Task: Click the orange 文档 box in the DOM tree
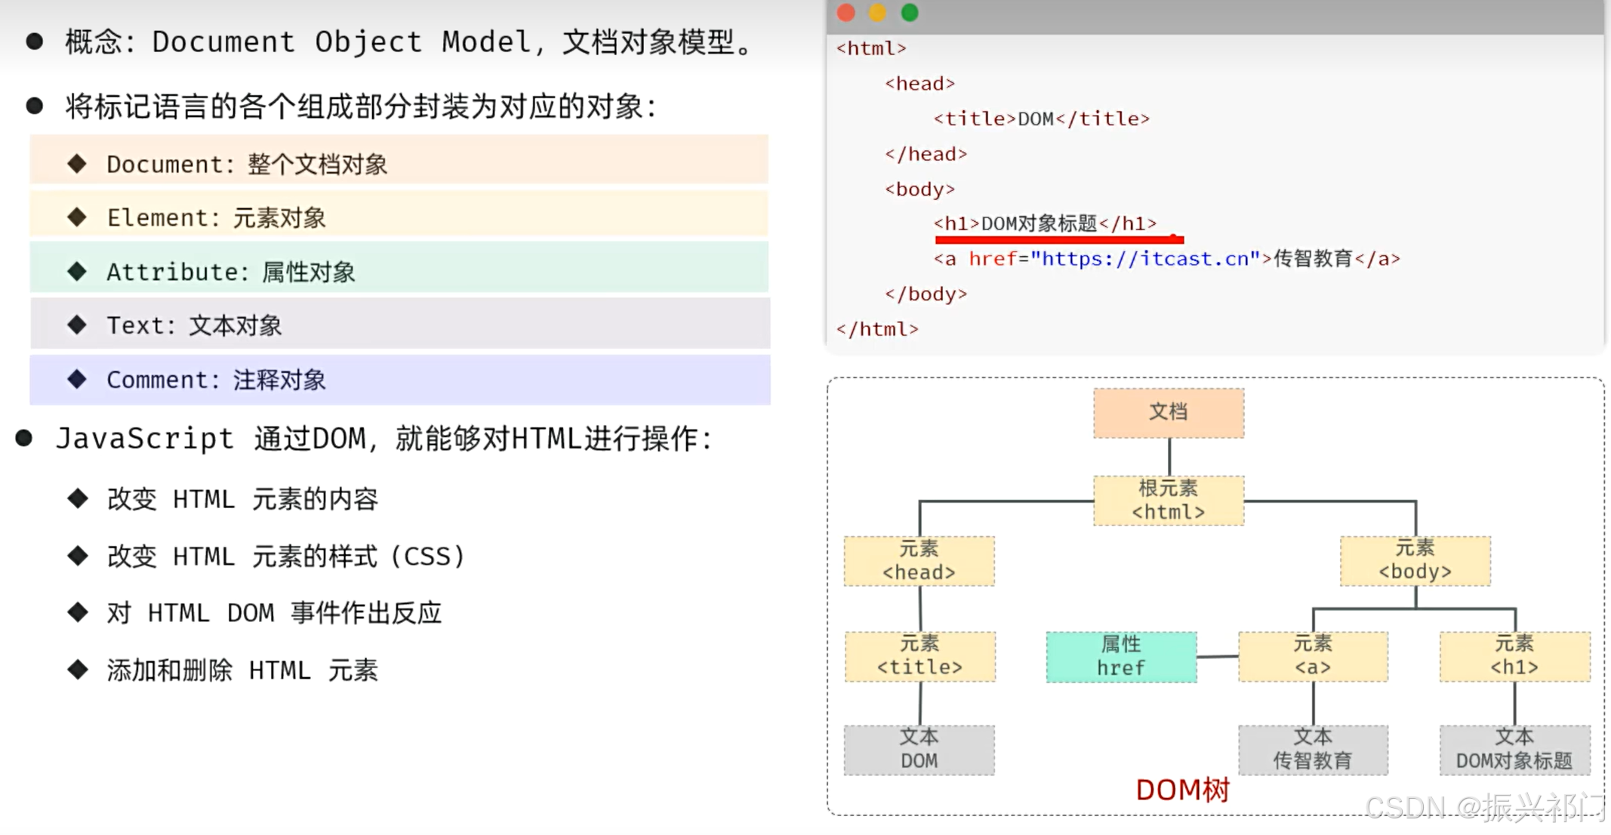coord(1169,413)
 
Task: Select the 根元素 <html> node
coord(1169,501)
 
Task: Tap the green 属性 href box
coord(1121,657)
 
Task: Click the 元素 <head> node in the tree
coord(919,561)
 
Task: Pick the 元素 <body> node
coord(1415,561)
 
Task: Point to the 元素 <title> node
coord(919,656)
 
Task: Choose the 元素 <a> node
coord(1313,656)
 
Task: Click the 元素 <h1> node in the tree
coord(1514,656)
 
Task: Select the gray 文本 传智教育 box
coord(1313,750)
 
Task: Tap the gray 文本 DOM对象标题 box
coord(1514,750)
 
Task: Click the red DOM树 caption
coord(1183,790)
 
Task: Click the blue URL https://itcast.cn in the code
coord(1146,259)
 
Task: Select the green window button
coord(910,13)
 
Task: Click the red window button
coord(846,13)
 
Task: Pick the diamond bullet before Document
coord(77,164)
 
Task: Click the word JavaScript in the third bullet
coord(145,439)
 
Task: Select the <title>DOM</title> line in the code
coord(1041,119)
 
